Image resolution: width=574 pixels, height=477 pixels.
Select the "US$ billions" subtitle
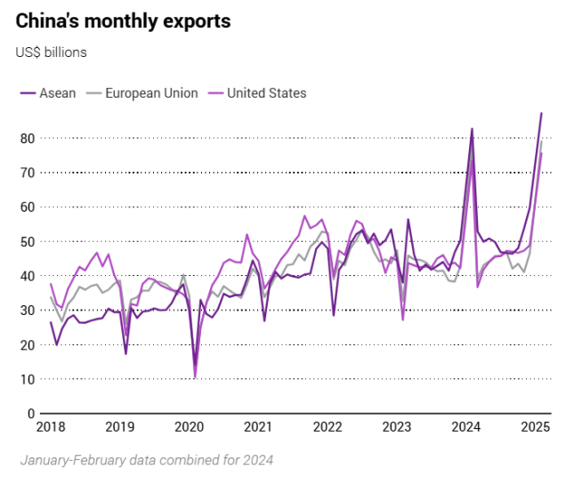(51, 52)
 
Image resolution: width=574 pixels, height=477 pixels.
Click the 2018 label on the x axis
(51, 427)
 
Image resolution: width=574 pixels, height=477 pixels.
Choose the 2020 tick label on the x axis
(189, 427)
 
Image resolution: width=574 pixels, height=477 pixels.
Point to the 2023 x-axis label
(396, 427)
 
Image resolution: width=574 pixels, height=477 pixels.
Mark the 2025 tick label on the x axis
(535, 427)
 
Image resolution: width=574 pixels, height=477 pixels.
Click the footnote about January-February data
(146, 460)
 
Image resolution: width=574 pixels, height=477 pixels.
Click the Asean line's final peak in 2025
(541, 113)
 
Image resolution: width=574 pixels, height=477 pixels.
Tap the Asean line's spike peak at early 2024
(472, 129)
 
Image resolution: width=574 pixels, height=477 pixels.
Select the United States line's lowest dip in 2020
(195, 377)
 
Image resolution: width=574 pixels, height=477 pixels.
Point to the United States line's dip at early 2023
(403, 319)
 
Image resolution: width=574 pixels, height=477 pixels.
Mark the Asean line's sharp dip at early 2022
(334, 315)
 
